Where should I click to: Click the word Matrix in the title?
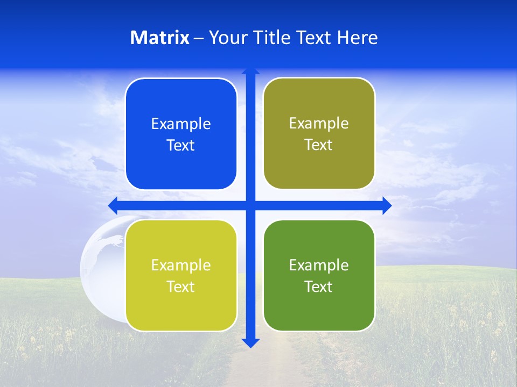(x=159, y=38)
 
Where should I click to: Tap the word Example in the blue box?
(x=181, y=124)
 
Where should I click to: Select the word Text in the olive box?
(x=319, y=145)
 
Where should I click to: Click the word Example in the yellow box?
(x=181, y=265)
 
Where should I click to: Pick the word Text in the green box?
(x=319, y=286)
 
